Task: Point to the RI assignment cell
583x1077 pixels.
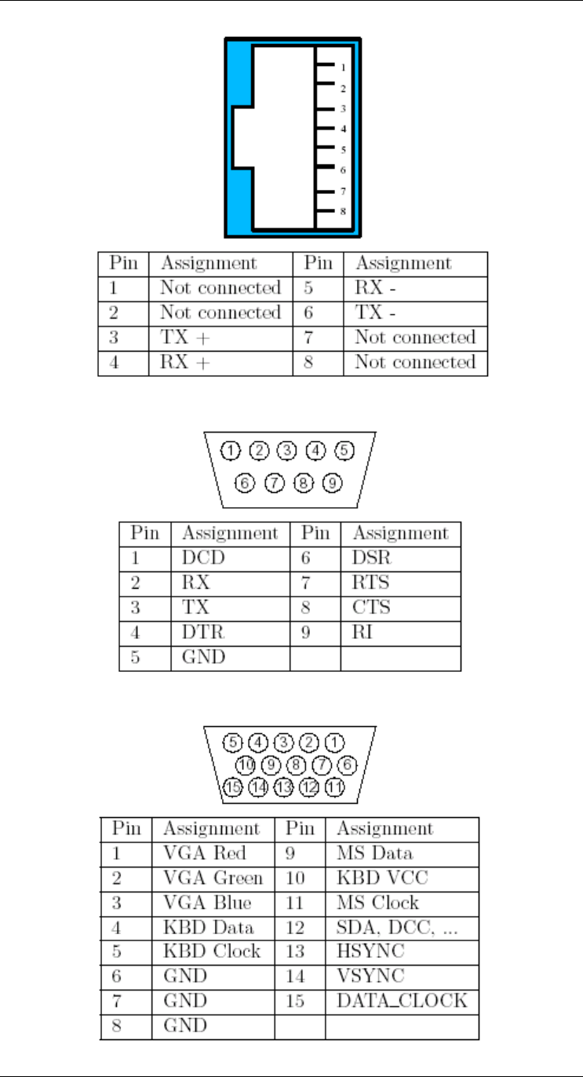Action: point(362,632)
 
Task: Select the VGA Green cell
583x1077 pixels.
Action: point(213,878)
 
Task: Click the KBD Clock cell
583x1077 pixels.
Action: point(211,951)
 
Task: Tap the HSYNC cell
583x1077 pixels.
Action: point(365,951)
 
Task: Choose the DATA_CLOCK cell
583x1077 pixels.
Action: point(402,1000)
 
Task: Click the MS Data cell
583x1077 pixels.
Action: point(374,853)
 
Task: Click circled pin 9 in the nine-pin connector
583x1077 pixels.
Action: point(333,484)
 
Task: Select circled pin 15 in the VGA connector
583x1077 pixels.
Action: point(233,787)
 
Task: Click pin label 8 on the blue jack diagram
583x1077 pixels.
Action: point(343,211)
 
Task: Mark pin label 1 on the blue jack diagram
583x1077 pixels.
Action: point(343,68)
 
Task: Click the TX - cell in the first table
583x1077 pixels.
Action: point(373,313)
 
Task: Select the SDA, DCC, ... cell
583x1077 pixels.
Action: point(397,927)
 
